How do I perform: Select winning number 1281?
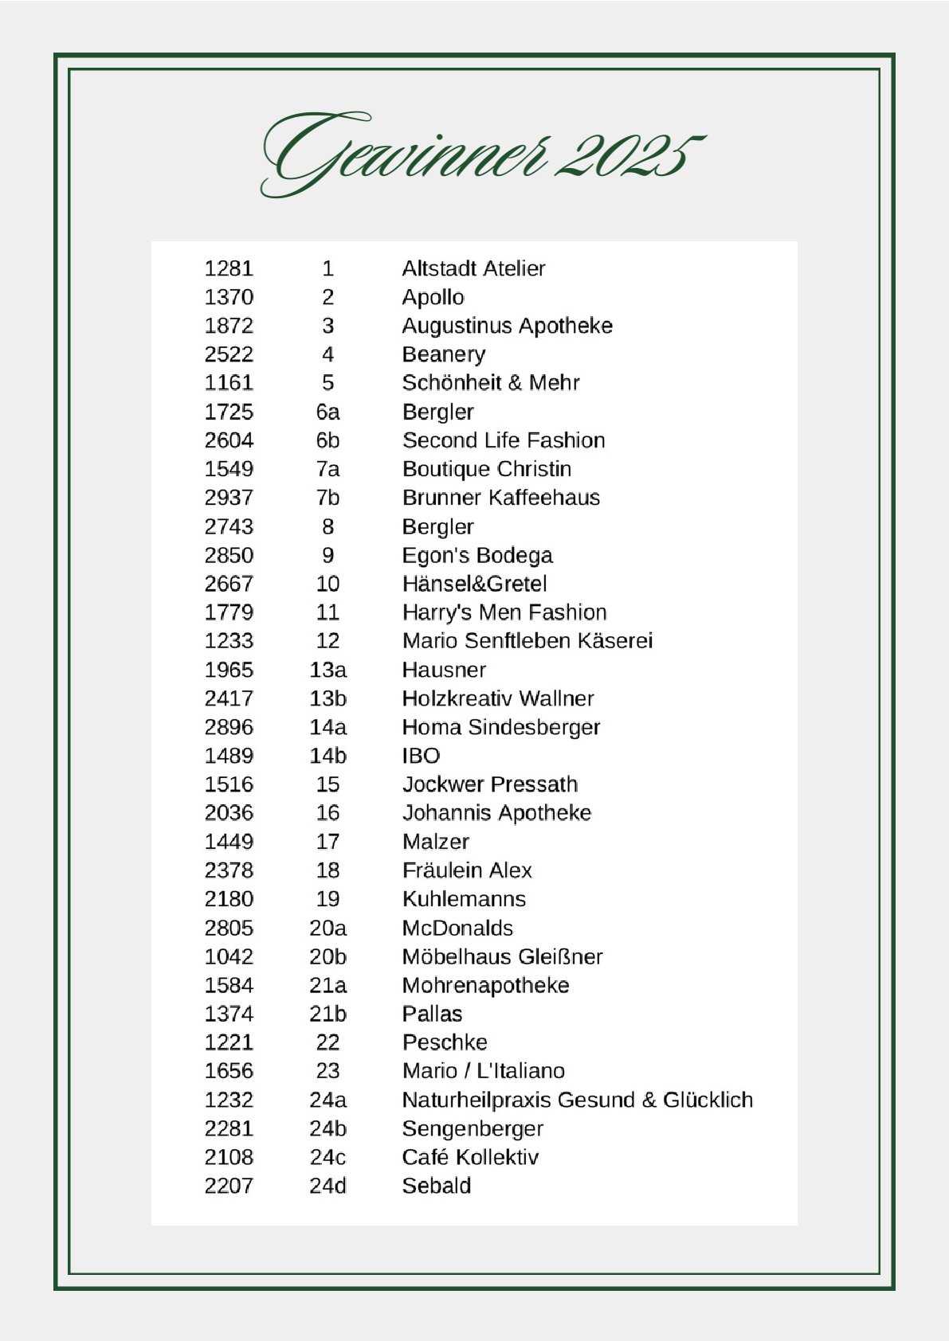(x=229, y=268)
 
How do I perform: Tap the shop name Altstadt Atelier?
(x=473, y=268)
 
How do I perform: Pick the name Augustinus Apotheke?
(x=507, y=326)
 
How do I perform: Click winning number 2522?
(x=229, y=354)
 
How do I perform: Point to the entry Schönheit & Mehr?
(x=490, y=383)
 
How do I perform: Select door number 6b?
(x=327, y=440)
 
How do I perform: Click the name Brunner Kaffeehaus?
(x=500, y=498)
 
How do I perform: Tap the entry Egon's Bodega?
(x=476, y=555)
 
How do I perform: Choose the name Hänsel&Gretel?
(x=474, y=584)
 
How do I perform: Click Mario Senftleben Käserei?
(x=527, y=641)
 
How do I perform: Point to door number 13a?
(x=327, y=670)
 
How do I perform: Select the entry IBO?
(x=421, y=756)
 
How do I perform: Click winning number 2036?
(x=229, y=813)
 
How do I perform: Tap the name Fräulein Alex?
(x=466, y=870)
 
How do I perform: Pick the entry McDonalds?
(x=457, y=928)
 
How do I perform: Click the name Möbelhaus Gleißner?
(x=502, y=956)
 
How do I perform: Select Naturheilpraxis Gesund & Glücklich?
(x=577, y=1100)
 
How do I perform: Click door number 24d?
(x=327, y=1186)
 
